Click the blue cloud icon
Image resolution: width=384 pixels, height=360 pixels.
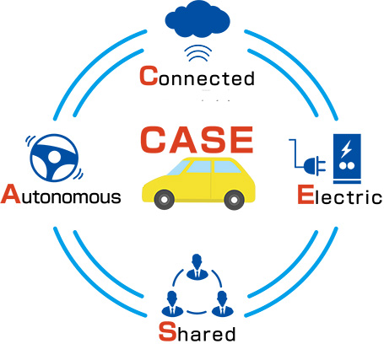pyautogui.click(x=197, y=19)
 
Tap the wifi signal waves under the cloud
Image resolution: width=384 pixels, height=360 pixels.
pyautogui.click(x=197, y=53)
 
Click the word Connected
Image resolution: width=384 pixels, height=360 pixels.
pyautogui.click(x=197, y=76)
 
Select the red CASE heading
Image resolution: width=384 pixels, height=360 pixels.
pyautogui.click(x=197, y=140)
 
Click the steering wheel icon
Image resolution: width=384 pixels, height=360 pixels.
pyautogui.click(x=54, y=158)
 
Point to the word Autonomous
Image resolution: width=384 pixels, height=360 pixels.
pyautogui.click(x=61, y=194)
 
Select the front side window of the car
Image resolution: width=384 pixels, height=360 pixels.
pyautogui.click(x=199, y=167)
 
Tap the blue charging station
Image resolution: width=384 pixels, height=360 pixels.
pyautogui.click(x=347, y=159)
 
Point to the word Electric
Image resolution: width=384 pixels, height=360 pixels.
pyautogui.click(x=340, y=195)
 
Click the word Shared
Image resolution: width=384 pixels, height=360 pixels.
pyautogui.click(x=197, y=332)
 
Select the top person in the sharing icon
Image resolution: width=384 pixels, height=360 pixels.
pyautogui.click(x=197, y=267)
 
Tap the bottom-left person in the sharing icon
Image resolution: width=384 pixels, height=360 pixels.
pyautogui.click(x=172, y=304)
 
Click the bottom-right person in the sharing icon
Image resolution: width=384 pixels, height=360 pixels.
pyautogui.click(x=222, y=304)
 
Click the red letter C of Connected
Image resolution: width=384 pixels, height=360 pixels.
pyautogui.click(x=149, y=76)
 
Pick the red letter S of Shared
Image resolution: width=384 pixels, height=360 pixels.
pyautogui.click(x=167, y=332)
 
